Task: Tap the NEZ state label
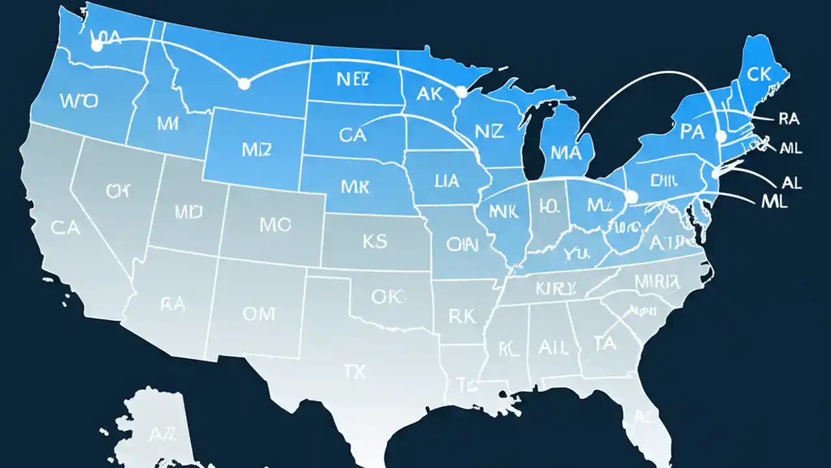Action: point(353,79)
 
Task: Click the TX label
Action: point(354,372)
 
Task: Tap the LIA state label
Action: point(447,180)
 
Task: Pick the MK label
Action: point(355,187)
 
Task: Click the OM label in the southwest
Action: point(259,314)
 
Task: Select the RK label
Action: point(463,317)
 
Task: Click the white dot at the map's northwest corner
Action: point(97,46)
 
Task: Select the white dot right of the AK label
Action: point(462,93)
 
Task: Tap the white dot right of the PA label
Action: point(719,136)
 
